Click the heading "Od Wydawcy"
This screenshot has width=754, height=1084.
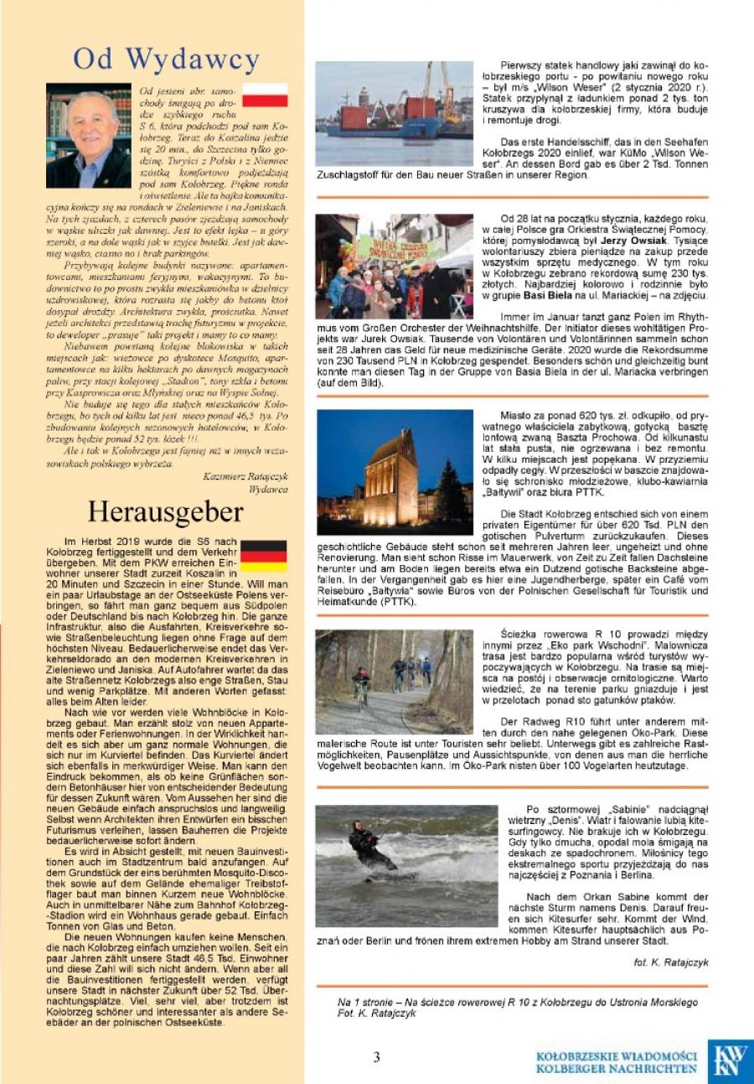pyautogui.click(x=166, y=60)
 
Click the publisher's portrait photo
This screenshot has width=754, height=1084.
pyautogui.click(x=88, y=135)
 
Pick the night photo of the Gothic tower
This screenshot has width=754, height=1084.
pyautogui.click(x=395, y=471)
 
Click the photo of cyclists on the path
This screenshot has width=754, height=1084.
pyautogui.click(x=394, y=682)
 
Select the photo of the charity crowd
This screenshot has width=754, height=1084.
pyautogui.click(x=395, y=266)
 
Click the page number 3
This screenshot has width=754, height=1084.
pyautogui.click(x=377, y=1057)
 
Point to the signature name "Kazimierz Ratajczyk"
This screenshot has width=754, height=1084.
pyautogui.click(x=245, y=475)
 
